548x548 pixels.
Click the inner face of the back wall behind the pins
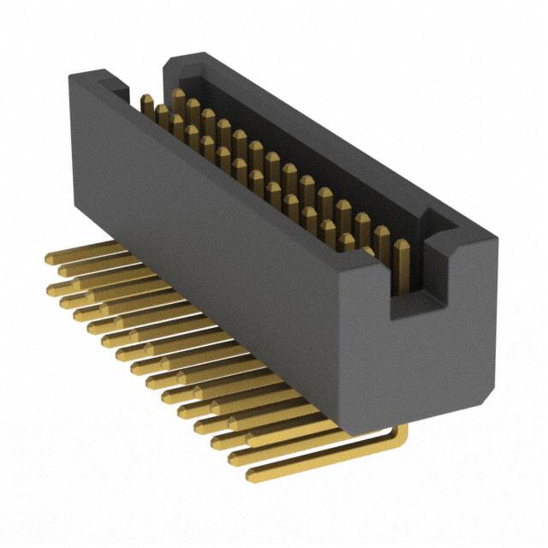283,128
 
